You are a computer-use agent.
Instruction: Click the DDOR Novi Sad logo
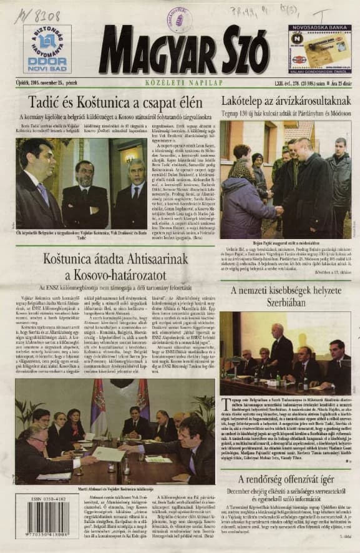tap(48, 49)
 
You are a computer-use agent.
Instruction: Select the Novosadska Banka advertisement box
tap(320, 49)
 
